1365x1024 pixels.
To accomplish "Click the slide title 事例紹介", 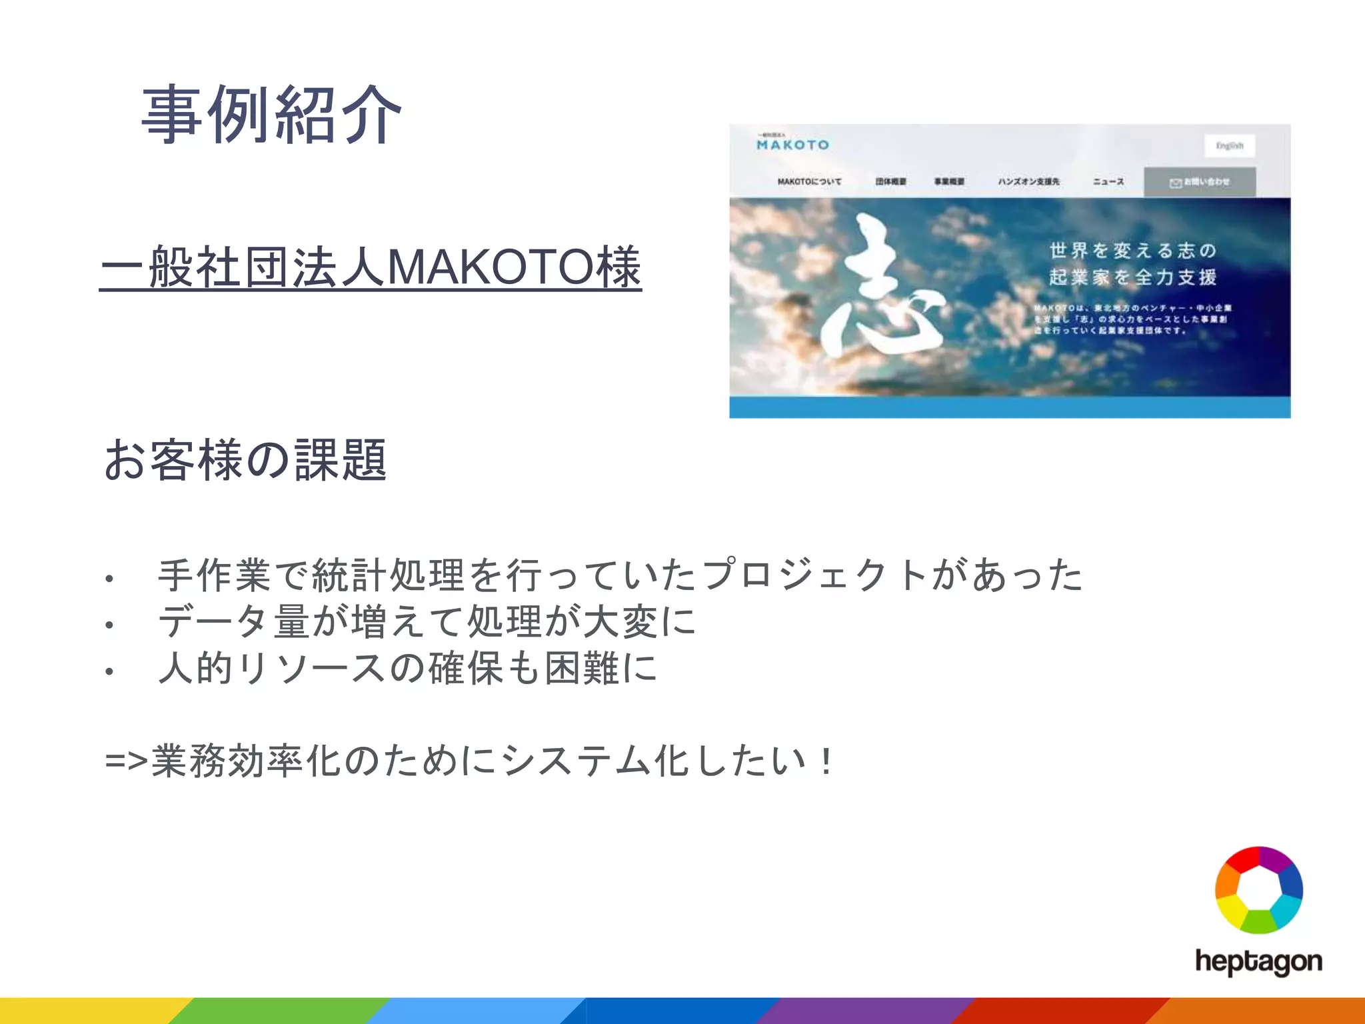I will (271, 115).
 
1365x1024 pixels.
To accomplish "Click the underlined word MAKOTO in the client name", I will (491, 267).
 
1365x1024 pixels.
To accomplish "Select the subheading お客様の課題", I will (245, 460).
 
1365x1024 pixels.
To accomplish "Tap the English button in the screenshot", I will (1229, 145).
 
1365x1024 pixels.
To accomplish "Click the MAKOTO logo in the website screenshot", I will (792, 143).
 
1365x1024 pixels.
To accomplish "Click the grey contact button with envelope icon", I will (1200, 182).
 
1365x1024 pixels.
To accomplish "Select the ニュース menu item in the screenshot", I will (1108, 181).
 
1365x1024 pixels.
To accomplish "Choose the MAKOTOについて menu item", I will (809, 181).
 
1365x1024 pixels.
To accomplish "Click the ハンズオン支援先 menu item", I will (1028, 181).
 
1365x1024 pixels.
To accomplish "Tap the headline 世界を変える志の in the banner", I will (1132, 251).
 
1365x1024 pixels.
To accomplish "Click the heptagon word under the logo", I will (1258, 962).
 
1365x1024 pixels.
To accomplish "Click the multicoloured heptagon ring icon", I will (1258, 890).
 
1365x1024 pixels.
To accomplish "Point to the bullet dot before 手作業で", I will (109, 579).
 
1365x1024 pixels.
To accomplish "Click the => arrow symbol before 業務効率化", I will (126, 761).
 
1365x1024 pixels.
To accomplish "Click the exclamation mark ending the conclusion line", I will (827, 761).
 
